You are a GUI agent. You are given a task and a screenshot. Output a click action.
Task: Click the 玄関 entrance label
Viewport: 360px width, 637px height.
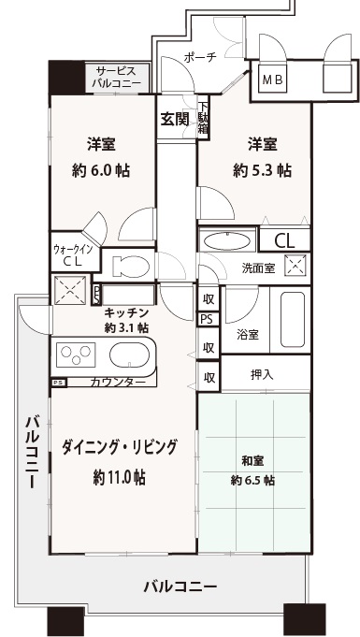tap(175, 120)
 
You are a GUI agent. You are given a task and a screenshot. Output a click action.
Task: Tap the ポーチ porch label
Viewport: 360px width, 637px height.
tap(201, 57)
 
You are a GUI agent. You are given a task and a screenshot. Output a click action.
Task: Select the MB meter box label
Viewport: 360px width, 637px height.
tap(272, 80)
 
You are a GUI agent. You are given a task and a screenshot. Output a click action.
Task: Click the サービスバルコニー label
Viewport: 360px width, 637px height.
tap(117, 78)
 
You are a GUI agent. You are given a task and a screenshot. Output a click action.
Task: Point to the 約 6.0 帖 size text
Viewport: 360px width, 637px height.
tap(101, 170)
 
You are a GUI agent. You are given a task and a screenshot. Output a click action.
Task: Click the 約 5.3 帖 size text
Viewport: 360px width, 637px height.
tap(262, 170)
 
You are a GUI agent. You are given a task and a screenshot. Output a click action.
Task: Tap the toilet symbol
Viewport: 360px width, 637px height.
tap(130, 267)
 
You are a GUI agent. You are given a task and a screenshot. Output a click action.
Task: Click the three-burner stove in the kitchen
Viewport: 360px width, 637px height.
tap(76, 355)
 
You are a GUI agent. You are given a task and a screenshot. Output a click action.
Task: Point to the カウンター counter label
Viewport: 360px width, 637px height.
tap(118, 382)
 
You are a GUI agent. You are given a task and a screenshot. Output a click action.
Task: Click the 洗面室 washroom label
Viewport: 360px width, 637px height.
tap(258, 268)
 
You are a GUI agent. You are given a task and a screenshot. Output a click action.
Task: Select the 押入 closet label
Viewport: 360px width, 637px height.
tap(262, 375)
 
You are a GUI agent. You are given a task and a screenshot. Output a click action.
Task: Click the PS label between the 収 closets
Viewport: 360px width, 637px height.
tap(207, 319)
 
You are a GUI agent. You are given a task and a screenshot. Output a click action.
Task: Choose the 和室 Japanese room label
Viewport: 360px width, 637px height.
tap(252, 461)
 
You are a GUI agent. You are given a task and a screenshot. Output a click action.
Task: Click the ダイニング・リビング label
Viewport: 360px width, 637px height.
tap(120, 447)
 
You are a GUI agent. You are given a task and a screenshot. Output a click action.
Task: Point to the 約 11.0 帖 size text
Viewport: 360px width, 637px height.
tap(120, 477)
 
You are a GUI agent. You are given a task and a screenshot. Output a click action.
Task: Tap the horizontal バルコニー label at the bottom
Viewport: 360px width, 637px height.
tap(180, 586)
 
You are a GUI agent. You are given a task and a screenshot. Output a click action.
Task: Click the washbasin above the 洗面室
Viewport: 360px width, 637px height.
tap(226, 241)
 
